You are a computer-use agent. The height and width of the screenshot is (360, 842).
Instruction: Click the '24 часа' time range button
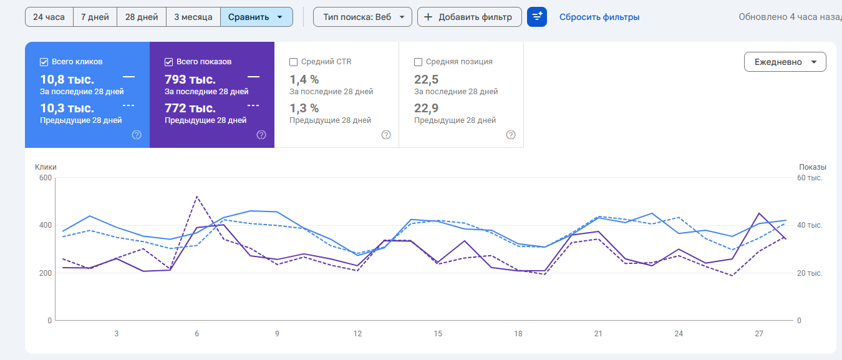(49, 17)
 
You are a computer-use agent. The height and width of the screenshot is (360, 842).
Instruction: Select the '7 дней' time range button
(95, 17)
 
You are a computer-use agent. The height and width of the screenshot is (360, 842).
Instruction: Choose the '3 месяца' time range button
(193, 17)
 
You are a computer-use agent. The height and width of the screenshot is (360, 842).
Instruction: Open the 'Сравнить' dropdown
(256, 17)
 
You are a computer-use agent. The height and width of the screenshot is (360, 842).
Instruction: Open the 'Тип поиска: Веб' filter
(362, 17)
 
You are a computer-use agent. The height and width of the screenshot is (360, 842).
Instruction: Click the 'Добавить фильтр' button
(469, 17)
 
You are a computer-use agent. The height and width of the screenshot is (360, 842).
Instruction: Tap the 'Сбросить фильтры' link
(599, 17)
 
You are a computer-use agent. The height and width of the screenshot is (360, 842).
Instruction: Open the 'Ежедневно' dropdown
(785, 62)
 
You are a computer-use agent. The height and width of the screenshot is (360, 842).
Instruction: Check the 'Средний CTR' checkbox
(294, 62)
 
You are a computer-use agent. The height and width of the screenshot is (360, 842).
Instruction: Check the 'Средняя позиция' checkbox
(419, 62)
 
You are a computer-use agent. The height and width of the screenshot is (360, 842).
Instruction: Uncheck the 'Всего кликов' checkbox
(44, 62)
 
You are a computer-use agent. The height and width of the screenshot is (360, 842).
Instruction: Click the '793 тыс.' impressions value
(190, 79)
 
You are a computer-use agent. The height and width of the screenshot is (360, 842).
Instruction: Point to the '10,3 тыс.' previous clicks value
(67, 108)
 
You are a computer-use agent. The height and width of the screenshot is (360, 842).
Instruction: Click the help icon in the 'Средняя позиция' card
(511, 135)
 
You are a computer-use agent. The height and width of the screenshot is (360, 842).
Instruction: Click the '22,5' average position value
(427, 79)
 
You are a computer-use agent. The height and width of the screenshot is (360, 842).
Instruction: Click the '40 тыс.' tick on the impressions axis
(810, 225)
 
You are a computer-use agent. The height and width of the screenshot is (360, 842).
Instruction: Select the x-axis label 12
(357, 334)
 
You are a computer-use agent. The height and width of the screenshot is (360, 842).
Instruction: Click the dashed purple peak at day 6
(196, 197)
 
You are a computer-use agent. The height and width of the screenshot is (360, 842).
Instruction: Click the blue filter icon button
(537, 17)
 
